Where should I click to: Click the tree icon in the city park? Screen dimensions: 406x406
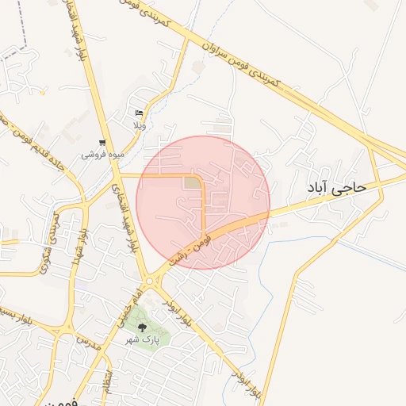click(x=142, y=327)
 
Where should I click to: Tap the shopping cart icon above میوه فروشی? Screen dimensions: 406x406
click(x=101, y=143)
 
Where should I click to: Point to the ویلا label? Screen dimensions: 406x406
click(x=139, y=125)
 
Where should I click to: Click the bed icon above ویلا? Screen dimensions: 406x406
click(x=140, y=113)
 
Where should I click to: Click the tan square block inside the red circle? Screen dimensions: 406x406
click(x=192, y=183)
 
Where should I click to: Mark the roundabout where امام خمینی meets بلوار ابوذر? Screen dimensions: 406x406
click(x=148, y=281)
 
